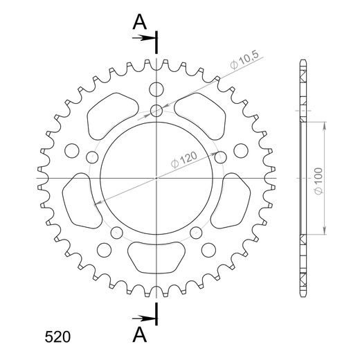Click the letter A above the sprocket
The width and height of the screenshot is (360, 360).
click(x=140, y=22)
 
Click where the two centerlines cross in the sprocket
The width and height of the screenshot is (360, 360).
click(x=158, y=178)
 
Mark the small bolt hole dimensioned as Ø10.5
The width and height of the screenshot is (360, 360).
click(x=158, y=110)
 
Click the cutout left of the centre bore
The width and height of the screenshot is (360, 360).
click(x=81, y=201)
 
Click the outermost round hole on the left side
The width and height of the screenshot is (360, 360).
click(x=71, y=150)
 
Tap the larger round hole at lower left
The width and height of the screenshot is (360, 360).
click(x=105, y=251)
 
